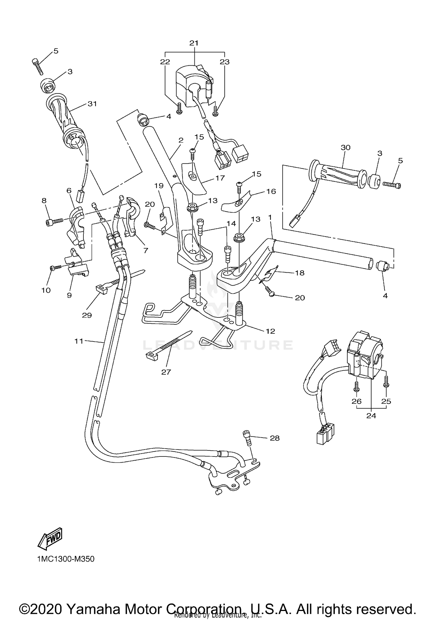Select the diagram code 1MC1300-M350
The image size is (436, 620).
point(66,559)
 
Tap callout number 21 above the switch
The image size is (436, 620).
point(194,43)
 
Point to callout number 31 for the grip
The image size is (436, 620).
point(92,104)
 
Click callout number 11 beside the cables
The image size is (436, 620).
point(79,341)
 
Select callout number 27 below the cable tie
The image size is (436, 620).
point(166,372)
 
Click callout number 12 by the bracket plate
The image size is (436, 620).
point(270,331)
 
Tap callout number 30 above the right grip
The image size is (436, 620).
point(346,148)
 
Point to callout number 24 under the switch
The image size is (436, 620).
point(371,416)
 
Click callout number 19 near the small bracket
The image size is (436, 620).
point(159,185)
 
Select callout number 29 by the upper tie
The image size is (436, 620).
point(87,315)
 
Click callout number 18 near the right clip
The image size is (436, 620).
point(300,273)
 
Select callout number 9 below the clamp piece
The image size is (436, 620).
point(69,295)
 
